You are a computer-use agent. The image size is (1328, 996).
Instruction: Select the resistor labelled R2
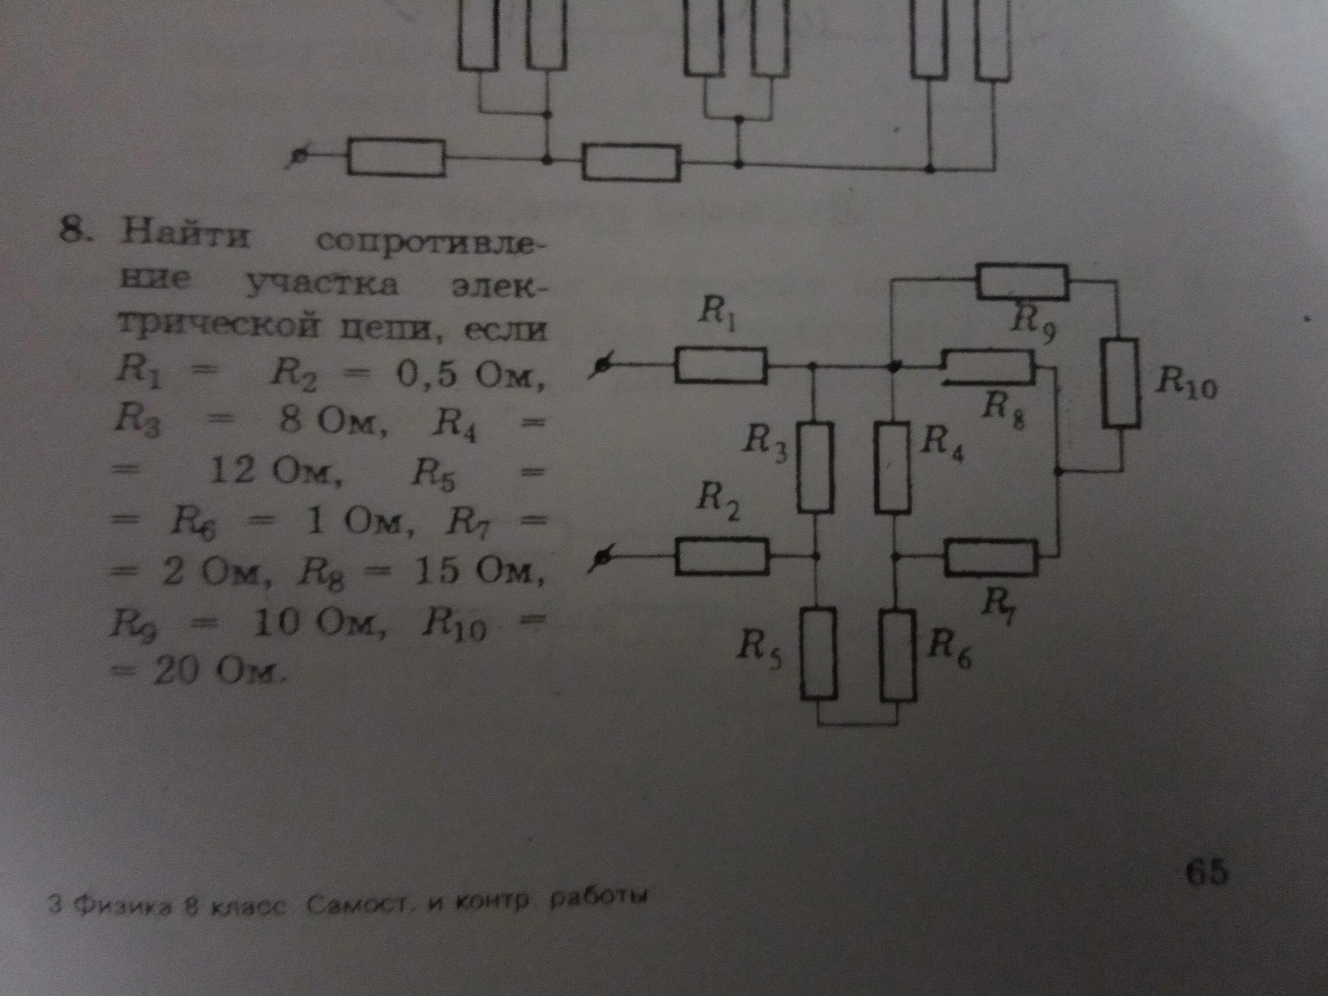coord(723,556)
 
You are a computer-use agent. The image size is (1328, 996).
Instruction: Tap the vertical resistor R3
coord(816,467)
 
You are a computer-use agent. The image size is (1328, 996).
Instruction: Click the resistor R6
coord(899,654)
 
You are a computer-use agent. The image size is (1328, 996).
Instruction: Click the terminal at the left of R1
coord(602,366)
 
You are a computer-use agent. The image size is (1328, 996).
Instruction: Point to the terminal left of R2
coord(602,560)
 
